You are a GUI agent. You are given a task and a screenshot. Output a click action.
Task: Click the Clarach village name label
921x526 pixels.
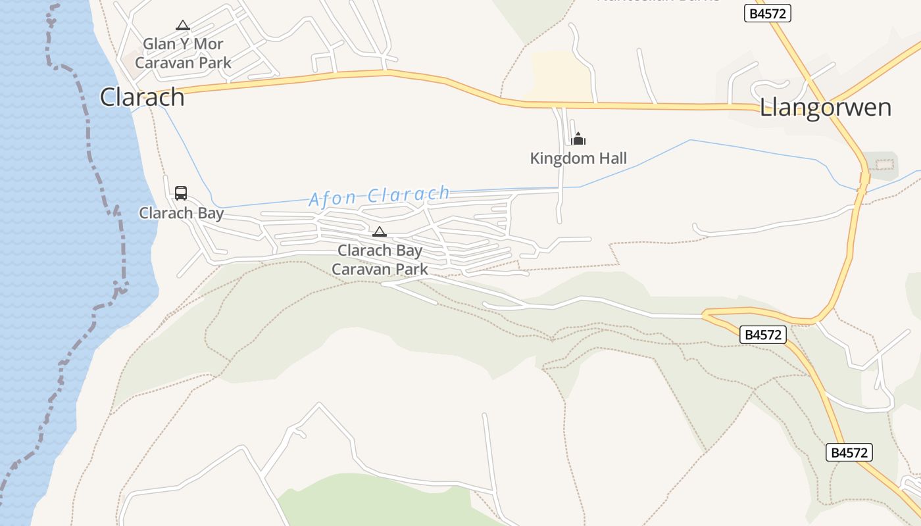142,97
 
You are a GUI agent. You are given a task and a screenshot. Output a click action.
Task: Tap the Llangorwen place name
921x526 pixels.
825,107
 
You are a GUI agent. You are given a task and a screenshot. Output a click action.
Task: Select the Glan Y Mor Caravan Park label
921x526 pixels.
183,53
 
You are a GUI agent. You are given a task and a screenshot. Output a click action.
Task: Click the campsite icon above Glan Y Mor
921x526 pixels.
183,26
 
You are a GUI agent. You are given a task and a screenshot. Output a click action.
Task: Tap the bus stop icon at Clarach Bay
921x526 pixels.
181,193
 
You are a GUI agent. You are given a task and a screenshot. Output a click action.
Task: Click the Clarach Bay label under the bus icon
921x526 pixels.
181,213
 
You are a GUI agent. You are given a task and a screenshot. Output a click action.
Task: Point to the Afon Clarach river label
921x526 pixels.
379,196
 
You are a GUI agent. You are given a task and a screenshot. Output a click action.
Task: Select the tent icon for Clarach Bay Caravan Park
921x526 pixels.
380,231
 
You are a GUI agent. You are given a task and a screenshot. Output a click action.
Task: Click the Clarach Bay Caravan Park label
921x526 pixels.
380,260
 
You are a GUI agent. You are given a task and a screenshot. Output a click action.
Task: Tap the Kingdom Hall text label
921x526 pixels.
578,158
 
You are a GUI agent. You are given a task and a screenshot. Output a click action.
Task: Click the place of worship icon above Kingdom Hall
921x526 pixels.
578,139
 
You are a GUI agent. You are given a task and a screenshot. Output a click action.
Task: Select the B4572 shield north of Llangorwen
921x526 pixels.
767,13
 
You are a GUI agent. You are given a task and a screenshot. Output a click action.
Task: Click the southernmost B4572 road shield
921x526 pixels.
849,452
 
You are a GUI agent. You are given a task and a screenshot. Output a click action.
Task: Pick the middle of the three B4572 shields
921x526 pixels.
763,335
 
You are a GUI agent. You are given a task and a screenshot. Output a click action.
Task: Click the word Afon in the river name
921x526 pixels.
333,198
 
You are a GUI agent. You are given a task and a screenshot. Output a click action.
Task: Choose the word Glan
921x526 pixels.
159,44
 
